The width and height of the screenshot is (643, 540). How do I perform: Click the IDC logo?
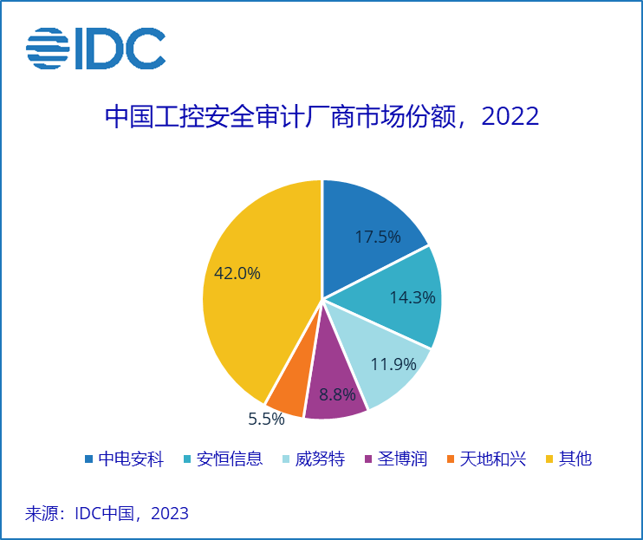(95, 49)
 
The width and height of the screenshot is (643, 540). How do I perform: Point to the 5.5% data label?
(266, 419)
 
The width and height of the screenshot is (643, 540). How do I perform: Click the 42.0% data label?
(237, 273)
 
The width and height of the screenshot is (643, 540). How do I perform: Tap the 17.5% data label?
(378, 237)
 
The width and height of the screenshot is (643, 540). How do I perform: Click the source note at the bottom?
(107, 513)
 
